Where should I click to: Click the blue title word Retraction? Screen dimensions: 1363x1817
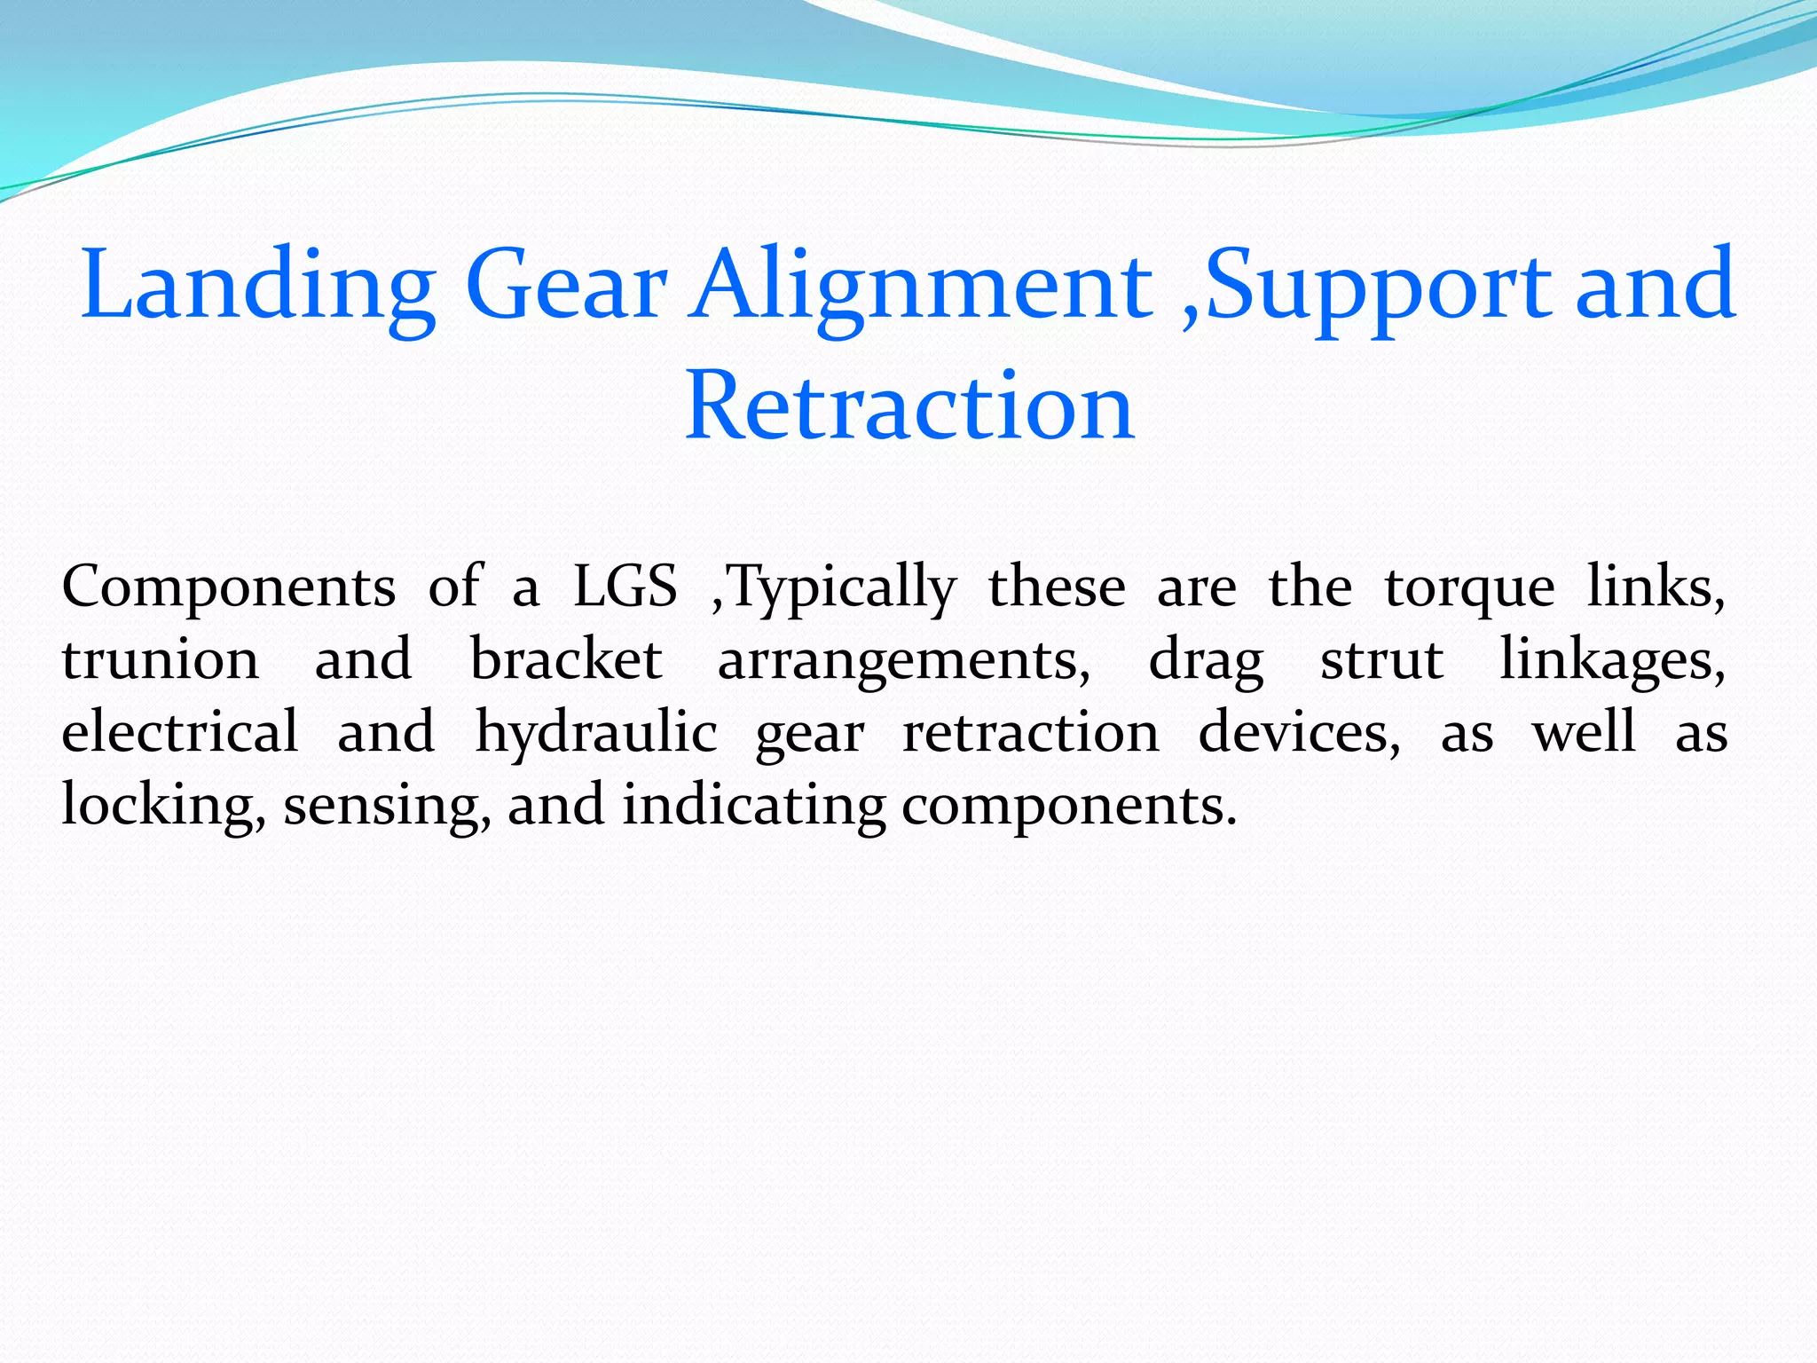pyautogui.click(x=909, y=406)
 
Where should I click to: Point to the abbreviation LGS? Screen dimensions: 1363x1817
pyautogui.click(x=625, y=587)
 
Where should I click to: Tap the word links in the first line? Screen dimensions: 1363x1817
pyautogui.click(x=1656, y=587)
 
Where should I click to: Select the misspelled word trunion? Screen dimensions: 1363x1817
pyautogui.click(x=161, y=660)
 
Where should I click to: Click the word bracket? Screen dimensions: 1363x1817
pyautogui.click(x=566, y=659)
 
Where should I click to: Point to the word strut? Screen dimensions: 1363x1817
pyautogui.click(x=1381, y=660)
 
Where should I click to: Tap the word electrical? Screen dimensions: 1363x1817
pyautogui.click(x=180, y=732)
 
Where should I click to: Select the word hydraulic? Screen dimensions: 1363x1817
pyautogui.click(x=596, y=734)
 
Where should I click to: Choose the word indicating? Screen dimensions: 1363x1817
pyautogui.click(x=753, y=807)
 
